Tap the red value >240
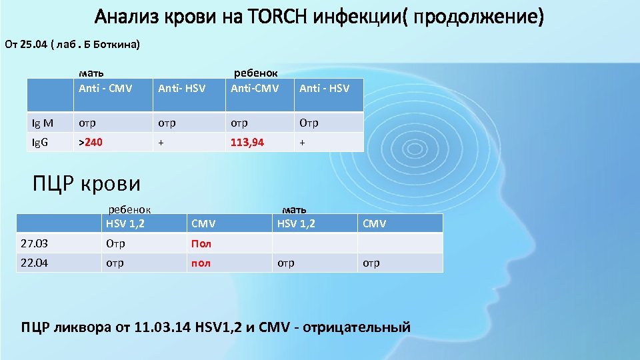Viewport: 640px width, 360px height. coord(90,141)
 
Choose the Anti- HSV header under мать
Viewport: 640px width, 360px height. coord(181,88)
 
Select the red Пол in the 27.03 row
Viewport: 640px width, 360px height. coord(201,243)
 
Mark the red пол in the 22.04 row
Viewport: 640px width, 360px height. coord(201,263)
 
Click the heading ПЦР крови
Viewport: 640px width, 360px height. coord(87,183)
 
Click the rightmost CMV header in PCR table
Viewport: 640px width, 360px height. coord(374,224)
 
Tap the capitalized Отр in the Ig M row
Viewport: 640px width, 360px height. coord(309,123)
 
